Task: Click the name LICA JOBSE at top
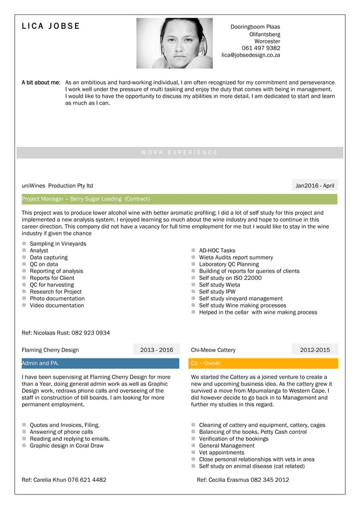[x=51, y=26]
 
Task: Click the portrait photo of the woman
[x=174, y=43]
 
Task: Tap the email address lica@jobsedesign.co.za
[x=251, y=55]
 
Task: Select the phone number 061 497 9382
[x=261, y=48]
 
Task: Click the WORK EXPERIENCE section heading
[x=179, y=152]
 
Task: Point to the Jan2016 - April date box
[x=315, y=186]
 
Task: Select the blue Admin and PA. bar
[x=100, y=363]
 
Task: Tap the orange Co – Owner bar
[x=263, y=363]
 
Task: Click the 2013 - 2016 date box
[x=156, y=350]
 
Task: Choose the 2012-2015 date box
[x=315, y=350]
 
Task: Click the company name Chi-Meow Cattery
[x=213, y=350]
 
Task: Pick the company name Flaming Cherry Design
[x=50, y=350]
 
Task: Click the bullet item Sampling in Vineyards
[x=58, y=244]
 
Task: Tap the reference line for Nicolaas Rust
[x=65, y=333]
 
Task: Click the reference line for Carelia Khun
[x=64, y=480]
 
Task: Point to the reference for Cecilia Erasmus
[x=243, y=480]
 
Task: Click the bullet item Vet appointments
[x=222, y=453]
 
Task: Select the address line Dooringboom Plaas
[x=255, y=27]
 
